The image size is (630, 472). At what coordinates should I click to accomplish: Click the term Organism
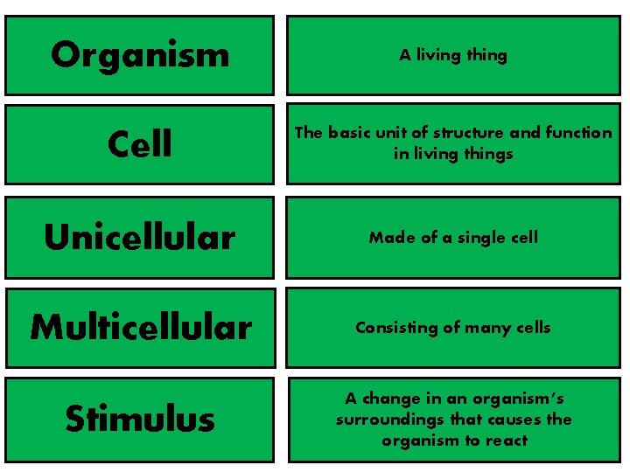click(140, 55)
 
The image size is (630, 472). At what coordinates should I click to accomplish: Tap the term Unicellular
click(140, 237)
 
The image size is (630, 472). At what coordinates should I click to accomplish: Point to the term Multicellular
click(141, 328)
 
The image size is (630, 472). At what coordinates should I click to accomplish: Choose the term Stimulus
click(140, 419)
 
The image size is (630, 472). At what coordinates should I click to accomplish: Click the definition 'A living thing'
click(453, 55)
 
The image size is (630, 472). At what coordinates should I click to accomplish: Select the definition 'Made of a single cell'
click(453, 237)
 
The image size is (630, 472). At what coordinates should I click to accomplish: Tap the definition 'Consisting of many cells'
click(453, 328)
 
